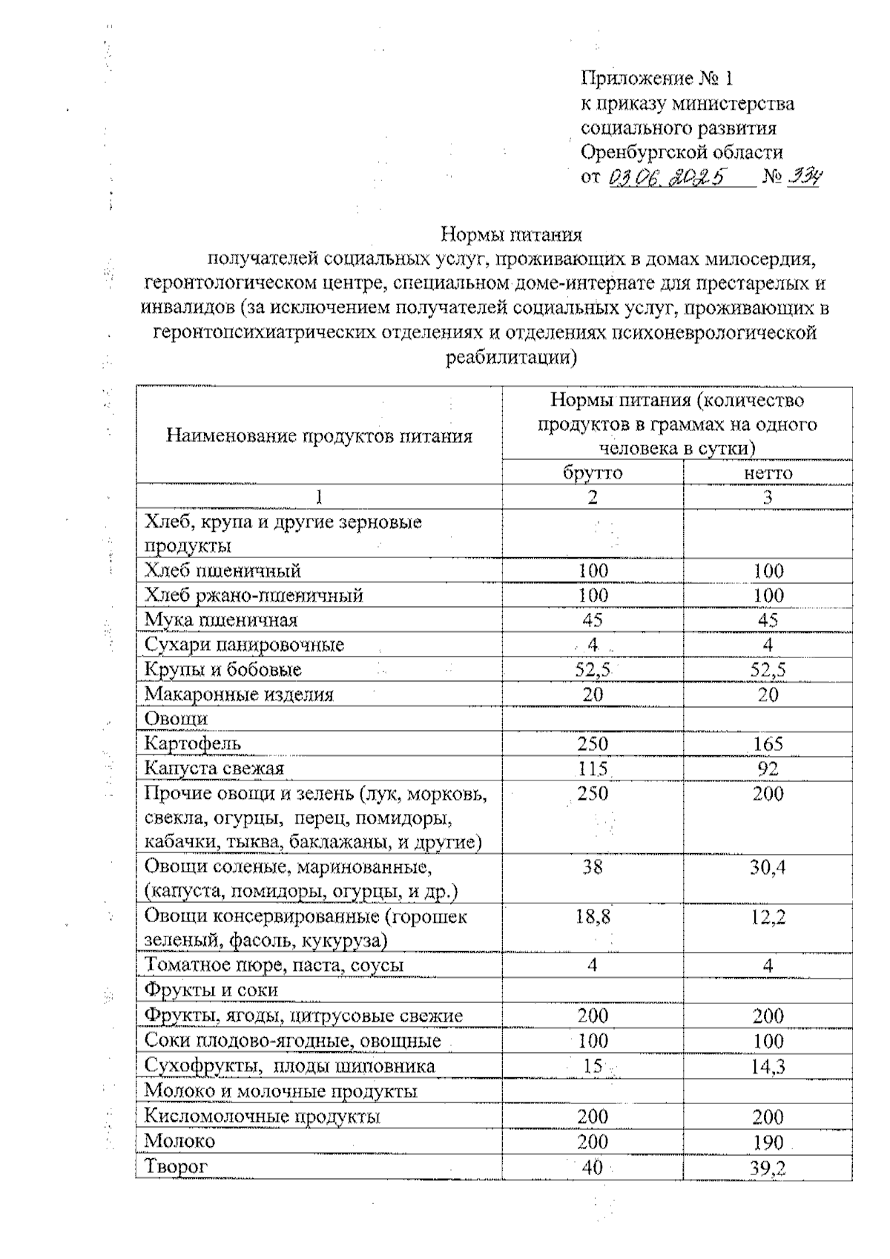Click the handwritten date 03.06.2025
click(x=666, y=177)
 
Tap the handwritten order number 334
click(x=803, y=177)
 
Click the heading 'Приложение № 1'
click(x=657, y=79)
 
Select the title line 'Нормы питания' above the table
click(x=512, y=235)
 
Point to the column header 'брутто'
click(x=593, y=473)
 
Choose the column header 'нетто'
click(x=768, y=473)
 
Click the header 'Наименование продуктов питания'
click(x=319, y=436)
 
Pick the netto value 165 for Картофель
click(x=768, y=744)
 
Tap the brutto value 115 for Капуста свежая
click(x=593, y=769)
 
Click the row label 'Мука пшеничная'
click(x=221, y=620)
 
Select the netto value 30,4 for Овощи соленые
click(x=768, y=867)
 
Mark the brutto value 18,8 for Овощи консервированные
click(x=593, y=917)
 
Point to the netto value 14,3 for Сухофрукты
click(x=768, y=1067)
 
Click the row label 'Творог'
click(x=176, y=1166)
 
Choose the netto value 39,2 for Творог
click(x=768, y=1167)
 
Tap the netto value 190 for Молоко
click(x=768, y=1142)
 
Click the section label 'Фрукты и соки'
click(x=211, y=990)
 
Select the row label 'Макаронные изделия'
click(x=239, y=695)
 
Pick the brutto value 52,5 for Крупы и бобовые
click(x=593, y=670)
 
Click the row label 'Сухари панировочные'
click(x=244, y=645)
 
